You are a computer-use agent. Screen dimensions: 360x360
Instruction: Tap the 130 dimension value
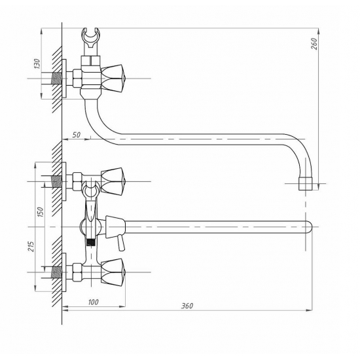[37, 64]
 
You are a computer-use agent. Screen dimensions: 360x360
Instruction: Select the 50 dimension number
[77, 135]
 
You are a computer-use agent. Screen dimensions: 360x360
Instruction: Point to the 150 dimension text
[41, 212]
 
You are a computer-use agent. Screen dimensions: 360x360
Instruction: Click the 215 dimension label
[31, 246]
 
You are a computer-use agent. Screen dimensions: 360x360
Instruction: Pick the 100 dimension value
[93, 302]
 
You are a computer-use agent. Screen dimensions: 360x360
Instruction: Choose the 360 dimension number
[187, 306]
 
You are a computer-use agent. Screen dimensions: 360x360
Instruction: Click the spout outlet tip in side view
[306, 184]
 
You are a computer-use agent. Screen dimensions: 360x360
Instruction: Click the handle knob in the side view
[113, 79]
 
